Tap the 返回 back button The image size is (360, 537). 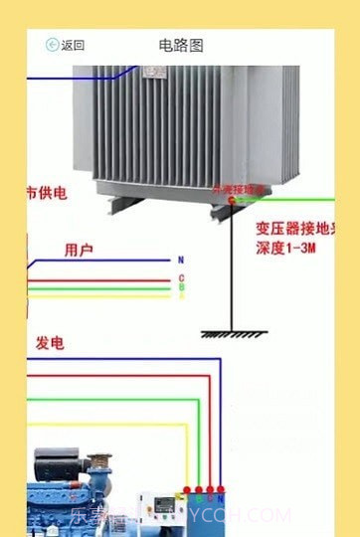click(66, 45)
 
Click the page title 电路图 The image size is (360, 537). click(180, 45)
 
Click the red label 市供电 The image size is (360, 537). click(46, 192)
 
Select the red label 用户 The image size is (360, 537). click(79, 249)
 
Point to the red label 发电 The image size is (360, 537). click(50, 343)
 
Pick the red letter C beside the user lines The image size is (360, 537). click(181, 277)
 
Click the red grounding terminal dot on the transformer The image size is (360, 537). click(231, 200)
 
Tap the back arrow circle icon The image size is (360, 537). click(52, 45)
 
